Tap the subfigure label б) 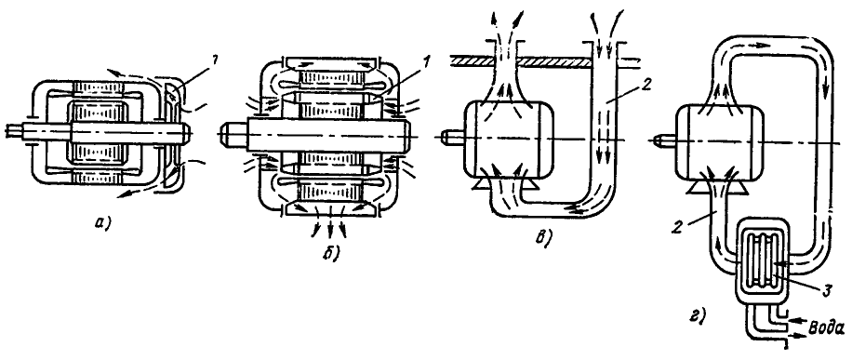[x=331, y=253]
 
